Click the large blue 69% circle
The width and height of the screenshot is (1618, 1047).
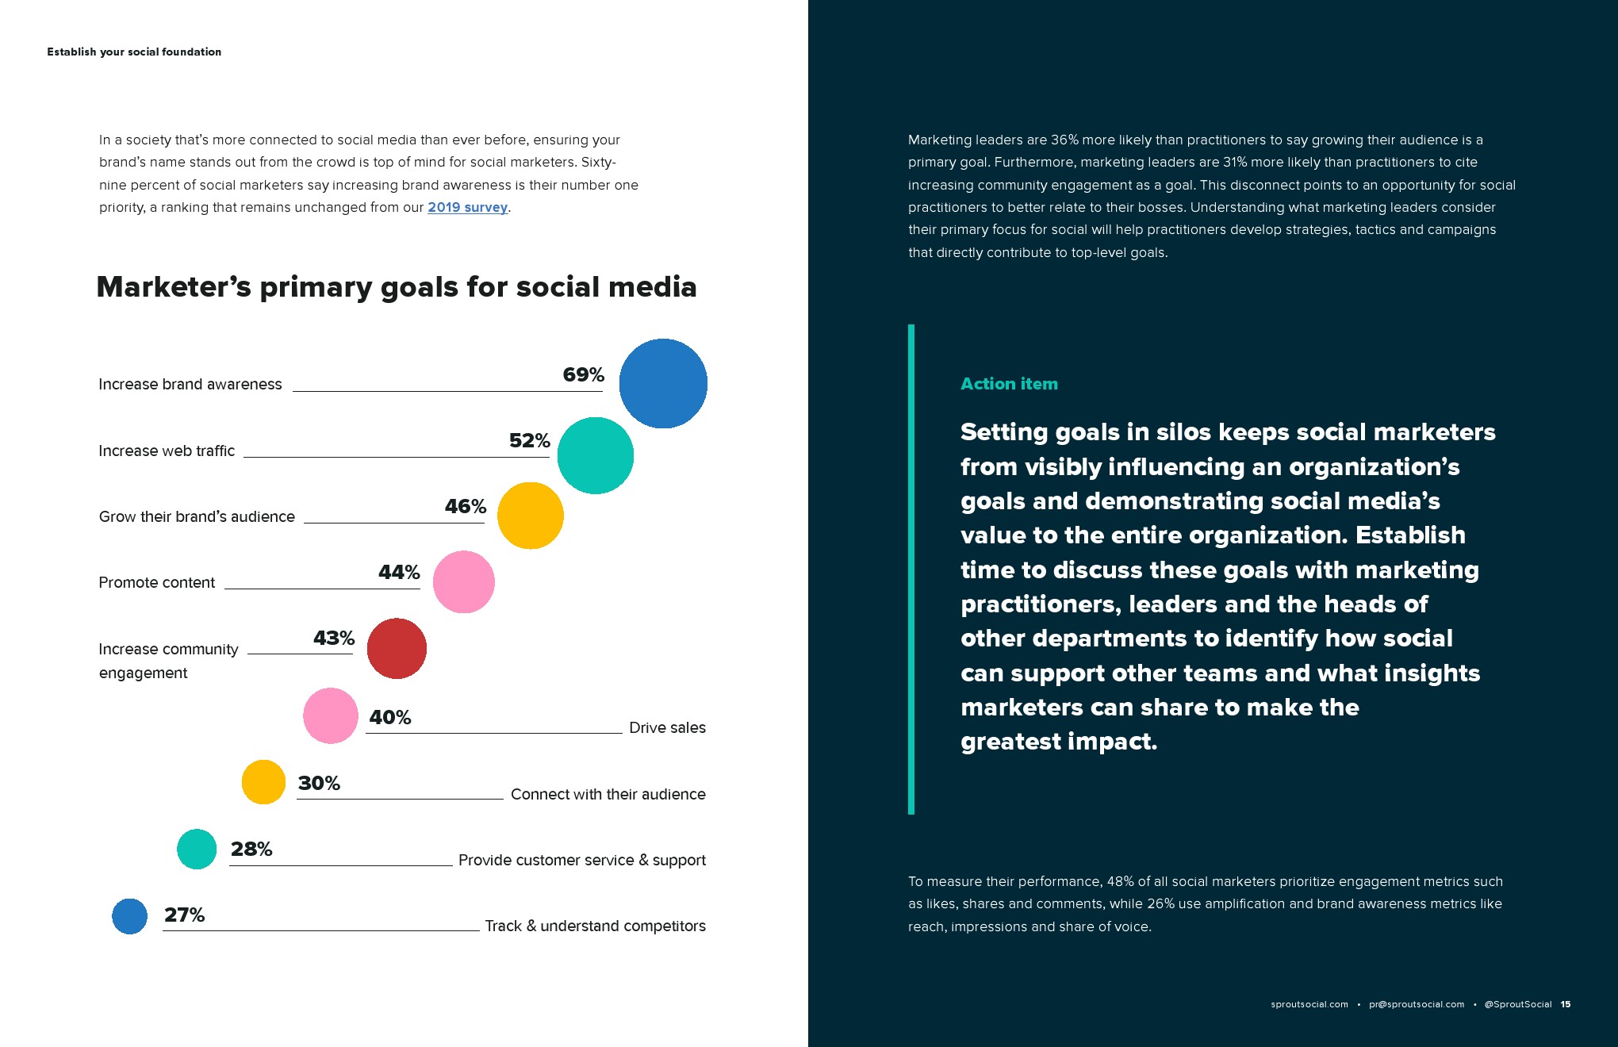coord(663,383)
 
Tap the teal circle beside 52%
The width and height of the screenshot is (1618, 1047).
coord(596,455)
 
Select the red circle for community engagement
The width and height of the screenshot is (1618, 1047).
coord(397,648)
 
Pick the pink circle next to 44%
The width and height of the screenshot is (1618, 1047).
coord(464,581)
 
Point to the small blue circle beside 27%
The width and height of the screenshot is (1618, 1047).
coord(130,916)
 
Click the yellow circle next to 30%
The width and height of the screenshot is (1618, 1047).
coord(263,782)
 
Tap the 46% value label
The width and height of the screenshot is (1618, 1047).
coord(466,506)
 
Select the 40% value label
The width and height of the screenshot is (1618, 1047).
coord(390,717)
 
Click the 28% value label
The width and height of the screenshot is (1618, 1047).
coord(251,849)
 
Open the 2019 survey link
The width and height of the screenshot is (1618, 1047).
coord(467,207)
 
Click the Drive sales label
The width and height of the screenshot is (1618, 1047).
coord(667,727)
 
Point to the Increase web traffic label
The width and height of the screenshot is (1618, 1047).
coord(167,451)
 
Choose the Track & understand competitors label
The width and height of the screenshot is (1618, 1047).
coord(595,926)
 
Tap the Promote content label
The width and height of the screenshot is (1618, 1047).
coord(156,582)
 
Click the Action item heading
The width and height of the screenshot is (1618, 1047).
coord(1009,384)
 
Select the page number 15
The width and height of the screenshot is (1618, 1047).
coord(1566,1004)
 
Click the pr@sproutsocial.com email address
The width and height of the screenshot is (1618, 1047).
coord(1417,1004)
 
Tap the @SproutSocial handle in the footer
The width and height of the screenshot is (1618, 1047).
coord(1517,1004)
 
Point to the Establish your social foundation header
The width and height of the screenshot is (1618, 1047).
coord(134,52)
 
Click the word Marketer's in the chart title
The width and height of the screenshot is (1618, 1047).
coord(174,287)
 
